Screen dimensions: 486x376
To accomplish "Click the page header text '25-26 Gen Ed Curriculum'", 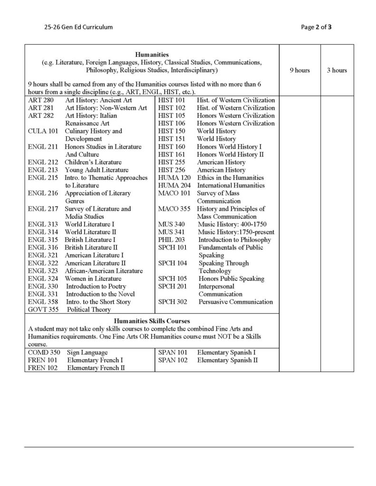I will click(77, 27).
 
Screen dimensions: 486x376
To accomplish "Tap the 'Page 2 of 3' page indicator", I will click(316, 27).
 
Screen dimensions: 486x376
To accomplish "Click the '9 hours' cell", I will click(299, 71).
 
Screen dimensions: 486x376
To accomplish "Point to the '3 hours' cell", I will click(337, 71).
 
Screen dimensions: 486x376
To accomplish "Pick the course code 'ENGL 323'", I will click(43, 271).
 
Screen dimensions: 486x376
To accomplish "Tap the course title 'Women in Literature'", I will click(93, 279).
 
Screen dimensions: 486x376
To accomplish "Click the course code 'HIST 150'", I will click(172, 131).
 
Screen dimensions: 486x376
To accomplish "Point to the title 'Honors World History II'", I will click(231, 154).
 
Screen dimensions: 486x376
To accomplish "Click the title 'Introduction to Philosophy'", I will click(235, 240).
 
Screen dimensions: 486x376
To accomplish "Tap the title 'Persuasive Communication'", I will click(236, 302).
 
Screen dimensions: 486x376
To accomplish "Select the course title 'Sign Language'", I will click(87, 353).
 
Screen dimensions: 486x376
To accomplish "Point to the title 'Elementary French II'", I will click(96, 368).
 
